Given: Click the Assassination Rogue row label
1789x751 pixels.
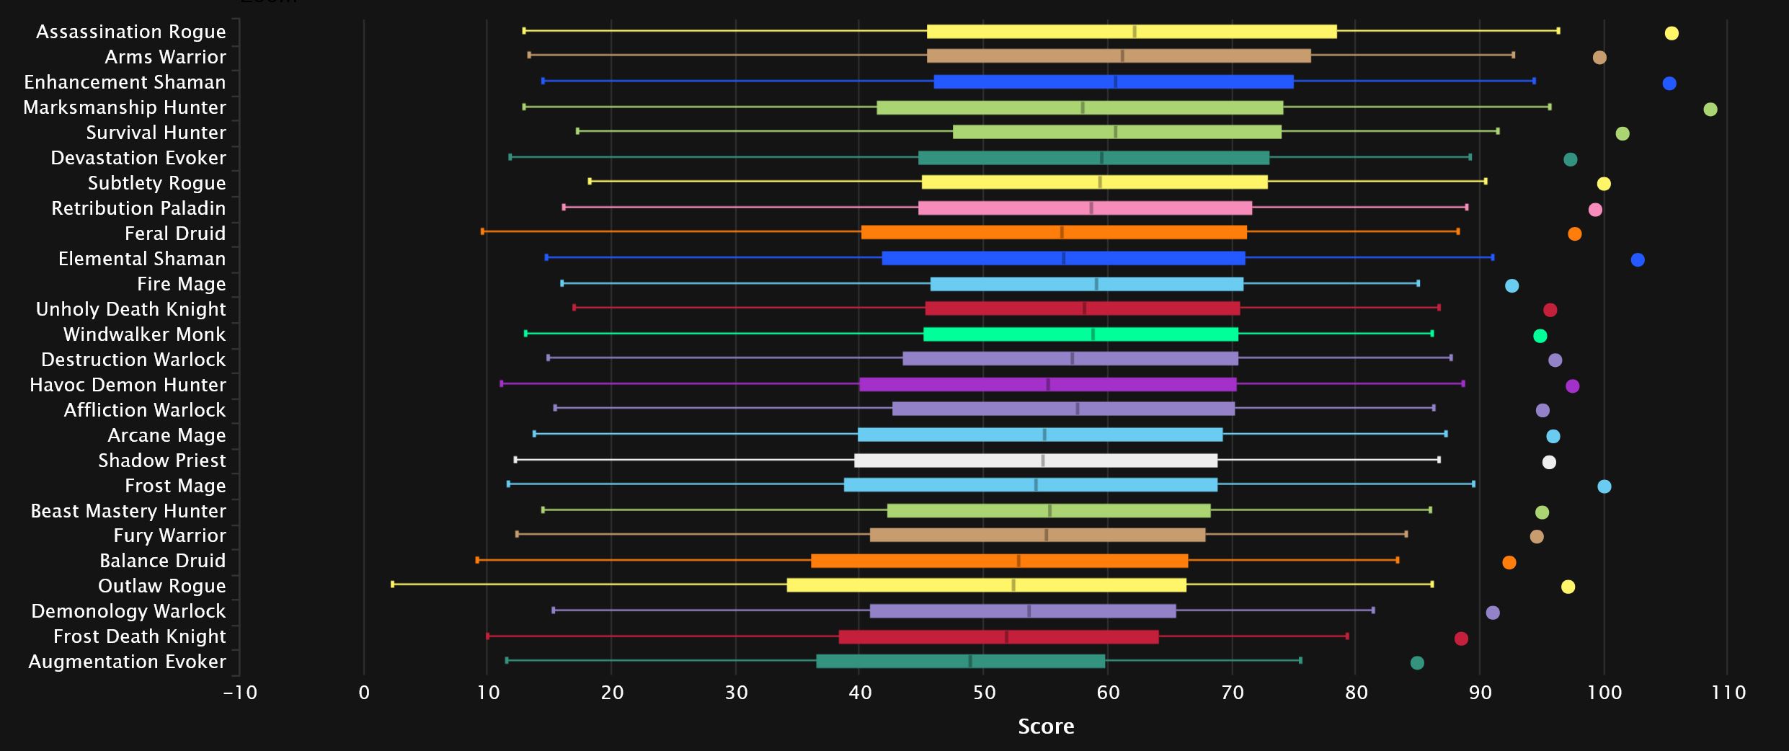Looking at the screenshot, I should click(x=130, y=32).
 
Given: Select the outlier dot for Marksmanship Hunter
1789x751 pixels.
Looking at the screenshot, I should click(x=1710, y=110).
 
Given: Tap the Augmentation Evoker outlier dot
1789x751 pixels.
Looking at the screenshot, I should click(x=1417, y=663).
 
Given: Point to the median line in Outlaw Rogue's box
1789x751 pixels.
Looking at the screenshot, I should click(x=1013, y=585).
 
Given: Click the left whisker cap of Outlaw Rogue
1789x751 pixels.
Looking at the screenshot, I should click(x=393, y=585).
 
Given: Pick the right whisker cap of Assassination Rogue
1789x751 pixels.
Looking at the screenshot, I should click(x=1558, y=31).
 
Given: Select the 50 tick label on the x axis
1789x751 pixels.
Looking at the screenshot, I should click(x=984, y=693).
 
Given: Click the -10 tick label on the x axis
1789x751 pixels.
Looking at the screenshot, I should click(x=240, y=693).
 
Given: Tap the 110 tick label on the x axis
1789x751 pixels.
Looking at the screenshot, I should click(x=1728, y=693).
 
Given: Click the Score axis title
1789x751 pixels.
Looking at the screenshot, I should click(x=1046, y=726).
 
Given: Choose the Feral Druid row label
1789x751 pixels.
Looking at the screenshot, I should click(x=175, y=234).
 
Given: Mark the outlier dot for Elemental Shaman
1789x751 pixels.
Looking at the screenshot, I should click(x=1638, y=260).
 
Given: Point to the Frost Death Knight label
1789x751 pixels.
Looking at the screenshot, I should click(x=139, y=636).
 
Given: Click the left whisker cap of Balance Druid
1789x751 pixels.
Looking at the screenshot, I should click(x=477, y=560).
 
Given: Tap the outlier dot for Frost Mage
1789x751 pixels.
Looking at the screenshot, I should click(x=1604, y=486).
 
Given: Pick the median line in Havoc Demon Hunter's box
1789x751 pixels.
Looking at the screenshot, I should click(x=1048, y=385).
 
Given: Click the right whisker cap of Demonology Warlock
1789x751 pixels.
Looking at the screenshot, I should click(x=1373, y=610).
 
